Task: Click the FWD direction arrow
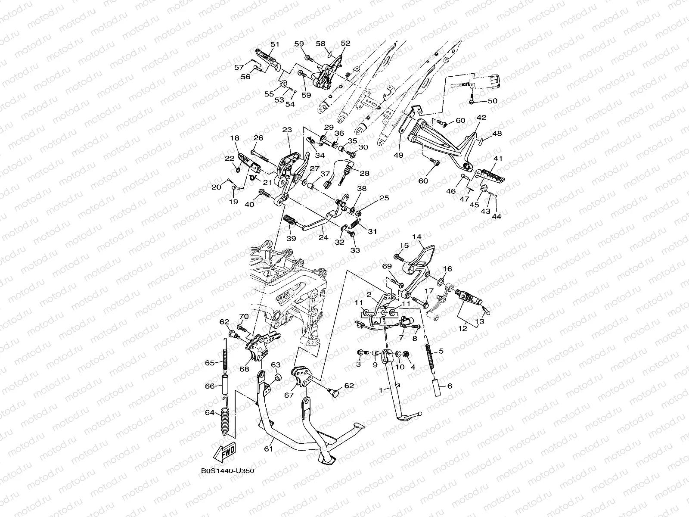tap(225, 452)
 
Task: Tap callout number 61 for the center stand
tap(268, 448)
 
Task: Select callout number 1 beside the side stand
tap(381, 389)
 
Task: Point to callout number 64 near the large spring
tap(210, 412)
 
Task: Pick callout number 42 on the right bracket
tap(481, 118)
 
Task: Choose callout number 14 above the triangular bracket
tap(416, 237)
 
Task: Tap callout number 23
tap(287, 130)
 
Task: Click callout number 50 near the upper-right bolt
tap(492, 101)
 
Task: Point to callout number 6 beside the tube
tap(450, 386)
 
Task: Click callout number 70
tap(244, 317)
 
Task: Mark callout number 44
tap(497, 217)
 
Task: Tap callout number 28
tap(365, 173)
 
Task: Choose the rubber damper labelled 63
tap(277, 378)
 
